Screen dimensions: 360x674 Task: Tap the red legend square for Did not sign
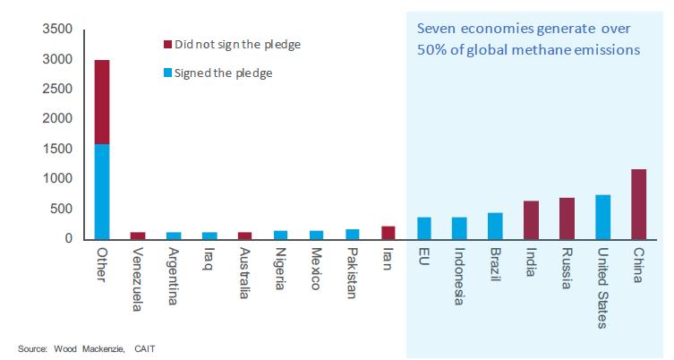(x=168, y=43)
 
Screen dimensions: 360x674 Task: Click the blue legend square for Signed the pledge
(x=168, y=73)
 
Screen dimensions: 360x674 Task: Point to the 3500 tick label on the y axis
(x=57, y=30)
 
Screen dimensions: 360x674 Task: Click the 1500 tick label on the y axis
(x=57, y=149)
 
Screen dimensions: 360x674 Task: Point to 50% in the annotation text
(x=432, y=50)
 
